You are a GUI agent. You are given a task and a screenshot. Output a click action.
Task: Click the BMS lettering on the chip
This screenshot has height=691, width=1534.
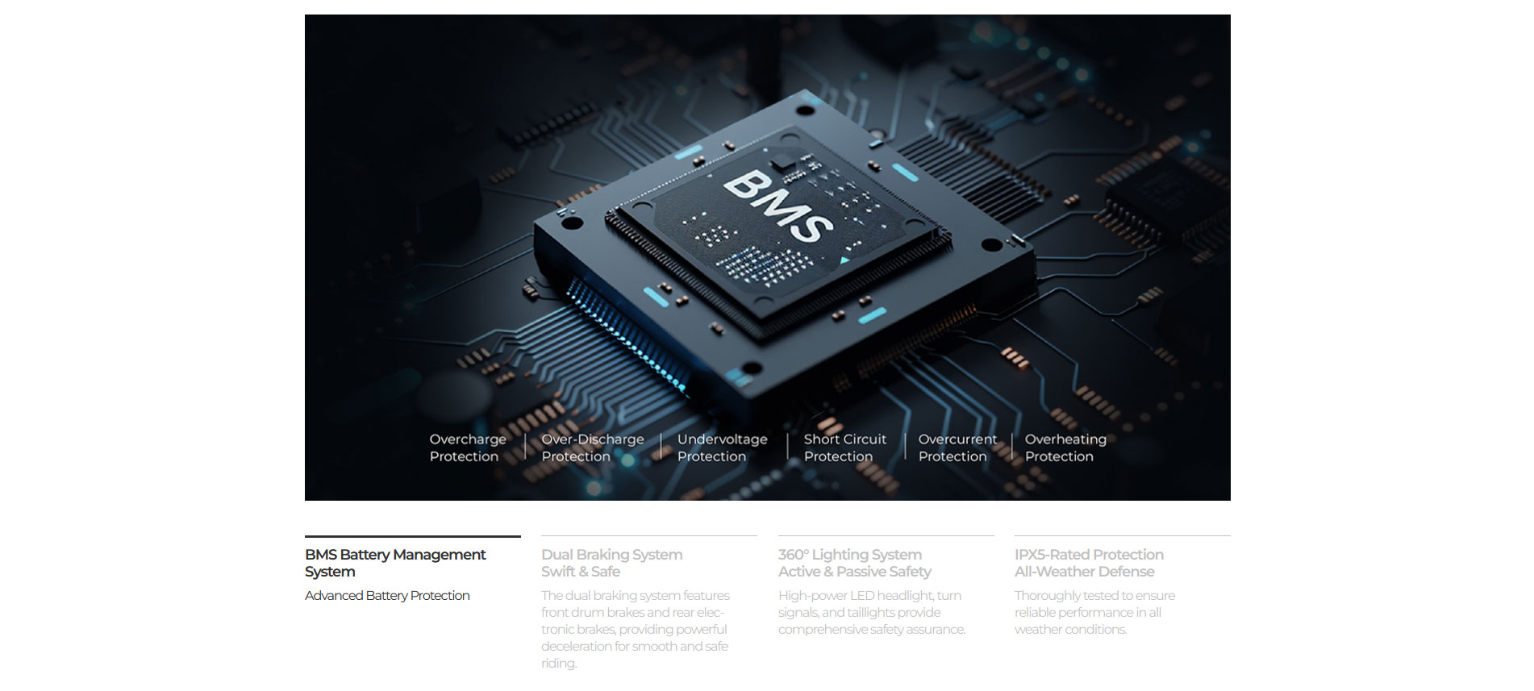point(778,206)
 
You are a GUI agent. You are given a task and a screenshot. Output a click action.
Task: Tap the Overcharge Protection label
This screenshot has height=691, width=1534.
point(468,447)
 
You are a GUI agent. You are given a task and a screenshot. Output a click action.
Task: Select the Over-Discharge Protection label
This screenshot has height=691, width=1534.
point(593,447)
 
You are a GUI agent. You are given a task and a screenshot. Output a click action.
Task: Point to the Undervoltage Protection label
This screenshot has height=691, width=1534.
point(723,447)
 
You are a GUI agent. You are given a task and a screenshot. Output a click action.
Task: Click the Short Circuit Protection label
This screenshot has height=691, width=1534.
point(845,447)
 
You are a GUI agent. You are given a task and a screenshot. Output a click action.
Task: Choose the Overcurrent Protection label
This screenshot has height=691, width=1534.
point(957,447)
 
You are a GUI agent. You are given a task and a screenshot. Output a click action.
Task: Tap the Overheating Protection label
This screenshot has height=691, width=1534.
point(1065,447)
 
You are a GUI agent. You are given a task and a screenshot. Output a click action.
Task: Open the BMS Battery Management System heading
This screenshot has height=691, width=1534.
point(395,563)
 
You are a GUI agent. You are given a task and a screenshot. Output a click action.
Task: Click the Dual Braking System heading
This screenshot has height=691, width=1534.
point(612,555)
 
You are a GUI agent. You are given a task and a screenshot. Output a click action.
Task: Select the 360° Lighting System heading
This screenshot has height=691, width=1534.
point(850,555)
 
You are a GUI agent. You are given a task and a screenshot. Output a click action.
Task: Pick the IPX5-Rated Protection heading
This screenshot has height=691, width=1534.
point(1089,555)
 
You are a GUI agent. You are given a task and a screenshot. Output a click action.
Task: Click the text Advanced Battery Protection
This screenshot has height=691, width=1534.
point(387,596)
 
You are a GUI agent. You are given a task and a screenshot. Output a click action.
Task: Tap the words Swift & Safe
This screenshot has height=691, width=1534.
point(581,572)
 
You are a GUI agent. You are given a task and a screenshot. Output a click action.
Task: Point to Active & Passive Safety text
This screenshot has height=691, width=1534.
point(855,572)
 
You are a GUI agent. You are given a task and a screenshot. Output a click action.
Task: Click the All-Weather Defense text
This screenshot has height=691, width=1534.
point(1085,572)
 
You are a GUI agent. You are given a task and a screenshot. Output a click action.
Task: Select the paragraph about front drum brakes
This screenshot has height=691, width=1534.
point(636,629)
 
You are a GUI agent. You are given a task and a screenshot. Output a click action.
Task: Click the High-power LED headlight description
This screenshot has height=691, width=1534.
point(872,613)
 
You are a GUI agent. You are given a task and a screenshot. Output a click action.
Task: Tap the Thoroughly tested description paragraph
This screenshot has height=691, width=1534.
point(1094,613)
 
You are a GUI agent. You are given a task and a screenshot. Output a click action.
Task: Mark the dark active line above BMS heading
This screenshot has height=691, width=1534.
point(413,536)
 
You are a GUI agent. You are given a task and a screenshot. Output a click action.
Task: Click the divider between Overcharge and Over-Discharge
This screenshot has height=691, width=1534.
point(525,447)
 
